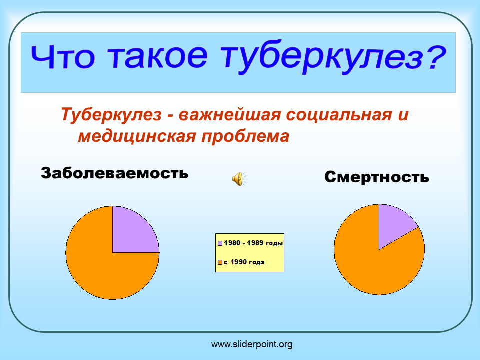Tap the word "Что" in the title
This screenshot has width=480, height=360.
[x=63, y=57]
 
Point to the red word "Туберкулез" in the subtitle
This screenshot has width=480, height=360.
[x=111, y=115]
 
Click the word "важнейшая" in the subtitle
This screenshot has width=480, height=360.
[x=229, y=115]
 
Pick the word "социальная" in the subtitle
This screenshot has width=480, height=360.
[x=339, y=115]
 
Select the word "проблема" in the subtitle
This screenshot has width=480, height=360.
[x=245, y=136]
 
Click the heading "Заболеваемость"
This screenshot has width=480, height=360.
[x=114, y=173]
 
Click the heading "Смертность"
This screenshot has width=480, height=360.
[x=377, y=177]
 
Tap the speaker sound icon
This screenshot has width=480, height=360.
[x=239, y=179]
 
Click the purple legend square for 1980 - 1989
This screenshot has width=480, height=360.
[x=220, y=243]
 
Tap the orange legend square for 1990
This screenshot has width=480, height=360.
[x=220, y=262]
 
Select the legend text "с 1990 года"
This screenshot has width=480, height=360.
[x=244, y=262]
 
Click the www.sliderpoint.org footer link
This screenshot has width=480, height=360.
[x=252, y=344]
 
